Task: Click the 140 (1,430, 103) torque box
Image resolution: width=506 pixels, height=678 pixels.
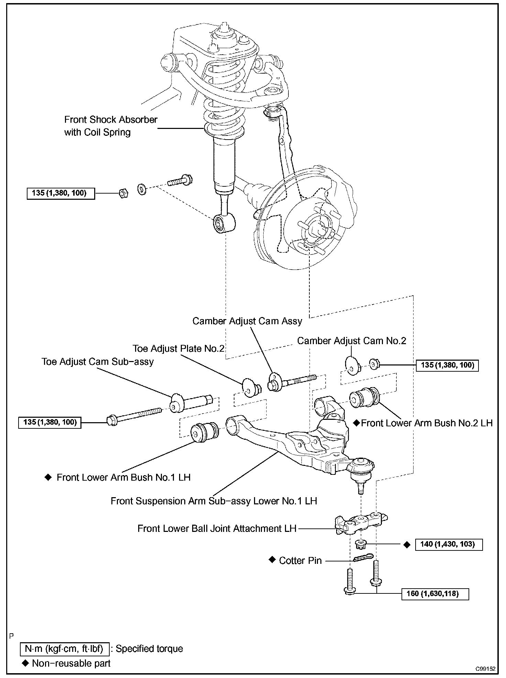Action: pyautogui.click(x=449, y=544)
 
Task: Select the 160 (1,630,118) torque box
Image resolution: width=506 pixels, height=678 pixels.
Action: pyautogui.click(x=435, y=594)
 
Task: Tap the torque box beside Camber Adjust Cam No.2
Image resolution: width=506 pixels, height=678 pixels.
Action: pyautogui.click(x=447, y=365)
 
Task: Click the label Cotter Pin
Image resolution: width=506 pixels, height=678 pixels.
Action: pyautogui.click(x=300, y=561)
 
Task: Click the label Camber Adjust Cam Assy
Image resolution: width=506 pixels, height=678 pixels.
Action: pyautogui.click(x=247, y=321)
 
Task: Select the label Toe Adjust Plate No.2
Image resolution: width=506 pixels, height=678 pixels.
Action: pyautogui.click(x=178, y=349)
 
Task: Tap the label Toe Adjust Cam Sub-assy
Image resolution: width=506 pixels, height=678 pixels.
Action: pyautogui.click(x=98, y=362)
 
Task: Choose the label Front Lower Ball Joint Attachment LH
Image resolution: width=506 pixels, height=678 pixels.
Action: pyautogui.click(x=217, y=528)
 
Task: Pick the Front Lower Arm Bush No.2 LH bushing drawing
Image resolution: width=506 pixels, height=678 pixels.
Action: pyautogui.click(x=364, y=398)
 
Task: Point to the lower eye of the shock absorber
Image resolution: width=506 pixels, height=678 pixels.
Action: pyautogui.click(x=224, y=223)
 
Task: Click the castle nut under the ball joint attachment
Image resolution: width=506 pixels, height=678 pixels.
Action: pyautogui.click(x=360, y=544)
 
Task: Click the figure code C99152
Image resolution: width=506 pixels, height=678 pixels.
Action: pyautogui.click(x=485, y=669)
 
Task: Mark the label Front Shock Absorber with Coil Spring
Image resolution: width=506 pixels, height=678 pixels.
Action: pyautogui.click(x=111, y=126)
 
